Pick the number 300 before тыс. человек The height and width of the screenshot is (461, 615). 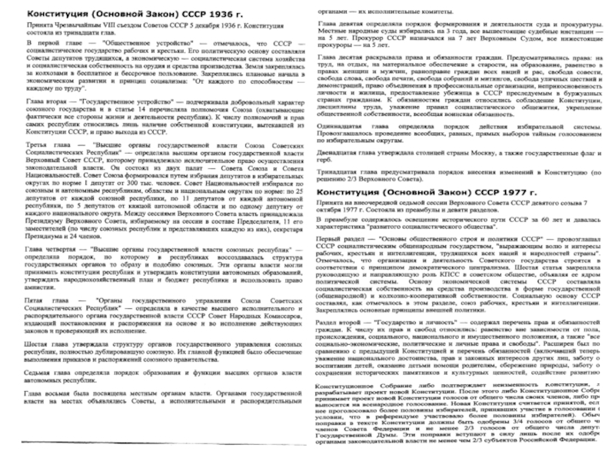[141, 194]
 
